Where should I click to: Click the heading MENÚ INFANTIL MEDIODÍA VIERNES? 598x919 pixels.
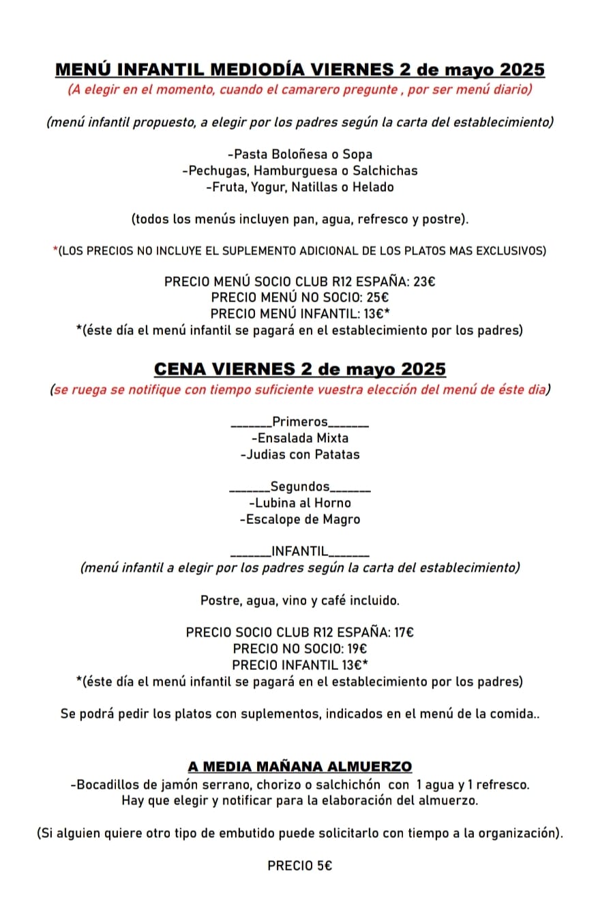299,70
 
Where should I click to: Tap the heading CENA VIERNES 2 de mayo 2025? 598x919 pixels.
299,369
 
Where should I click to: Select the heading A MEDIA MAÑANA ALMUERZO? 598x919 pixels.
299,768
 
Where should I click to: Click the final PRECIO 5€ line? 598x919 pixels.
299,866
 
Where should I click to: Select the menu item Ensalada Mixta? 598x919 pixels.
300,438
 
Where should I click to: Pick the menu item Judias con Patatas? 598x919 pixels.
300,454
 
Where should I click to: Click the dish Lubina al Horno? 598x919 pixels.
300,503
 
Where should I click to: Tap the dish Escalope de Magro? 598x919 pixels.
300,519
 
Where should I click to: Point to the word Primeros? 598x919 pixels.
300,422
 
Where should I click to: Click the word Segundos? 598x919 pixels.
300,486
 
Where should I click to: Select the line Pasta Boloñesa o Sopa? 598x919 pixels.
300,154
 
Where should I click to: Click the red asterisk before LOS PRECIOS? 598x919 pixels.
55,251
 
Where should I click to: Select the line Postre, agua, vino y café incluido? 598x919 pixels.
300,601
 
